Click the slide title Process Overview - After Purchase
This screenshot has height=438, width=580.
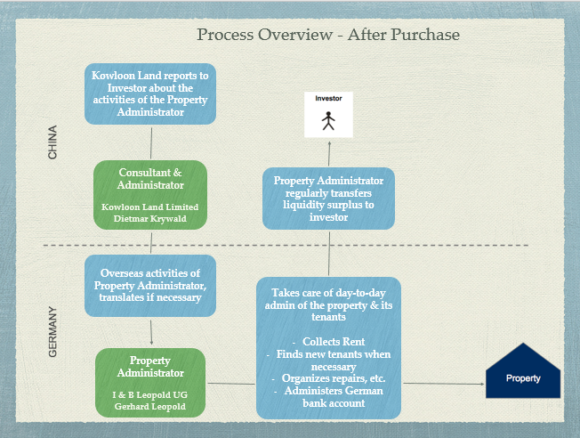click(328, 35)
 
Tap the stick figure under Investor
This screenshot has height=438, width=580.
click(329, 119)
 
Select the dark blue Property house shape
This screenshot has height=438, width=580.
click(523, 372)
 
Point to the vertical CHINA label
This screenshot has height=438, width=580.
click(52, 142)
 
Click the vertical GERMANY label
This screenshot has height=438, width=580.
click(52, 332)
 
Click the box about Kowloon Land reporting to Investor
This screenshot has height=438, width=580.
click(151, 93)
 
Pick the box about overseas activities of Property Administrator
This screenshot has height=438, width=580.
click(151, 285)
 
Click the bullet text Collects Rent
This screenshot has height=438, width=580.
click(329, 342)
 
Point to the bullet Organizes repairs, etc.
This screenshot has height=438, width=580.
click(329, 379)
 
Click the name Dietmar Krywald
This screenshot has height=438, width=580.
click(151, 219)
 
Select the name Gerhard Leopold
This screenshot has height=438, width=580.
click(150, 407)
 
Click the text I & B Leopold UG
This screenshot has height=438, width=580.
click(150, 394)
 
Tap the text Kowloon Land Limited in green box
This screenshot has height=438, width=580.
click(151, 207)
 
